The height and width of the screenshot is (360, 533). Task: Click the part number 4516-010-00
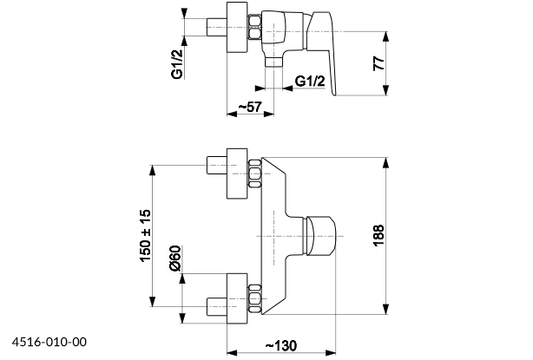(49, 343)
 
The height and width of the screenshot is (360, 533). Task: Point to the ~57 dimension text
(249, 107)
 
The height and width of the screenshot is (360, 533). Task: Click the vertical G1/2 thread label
(176, 65)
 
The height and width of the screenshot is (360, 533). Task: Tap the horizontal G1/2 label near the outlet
(310, 82)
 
